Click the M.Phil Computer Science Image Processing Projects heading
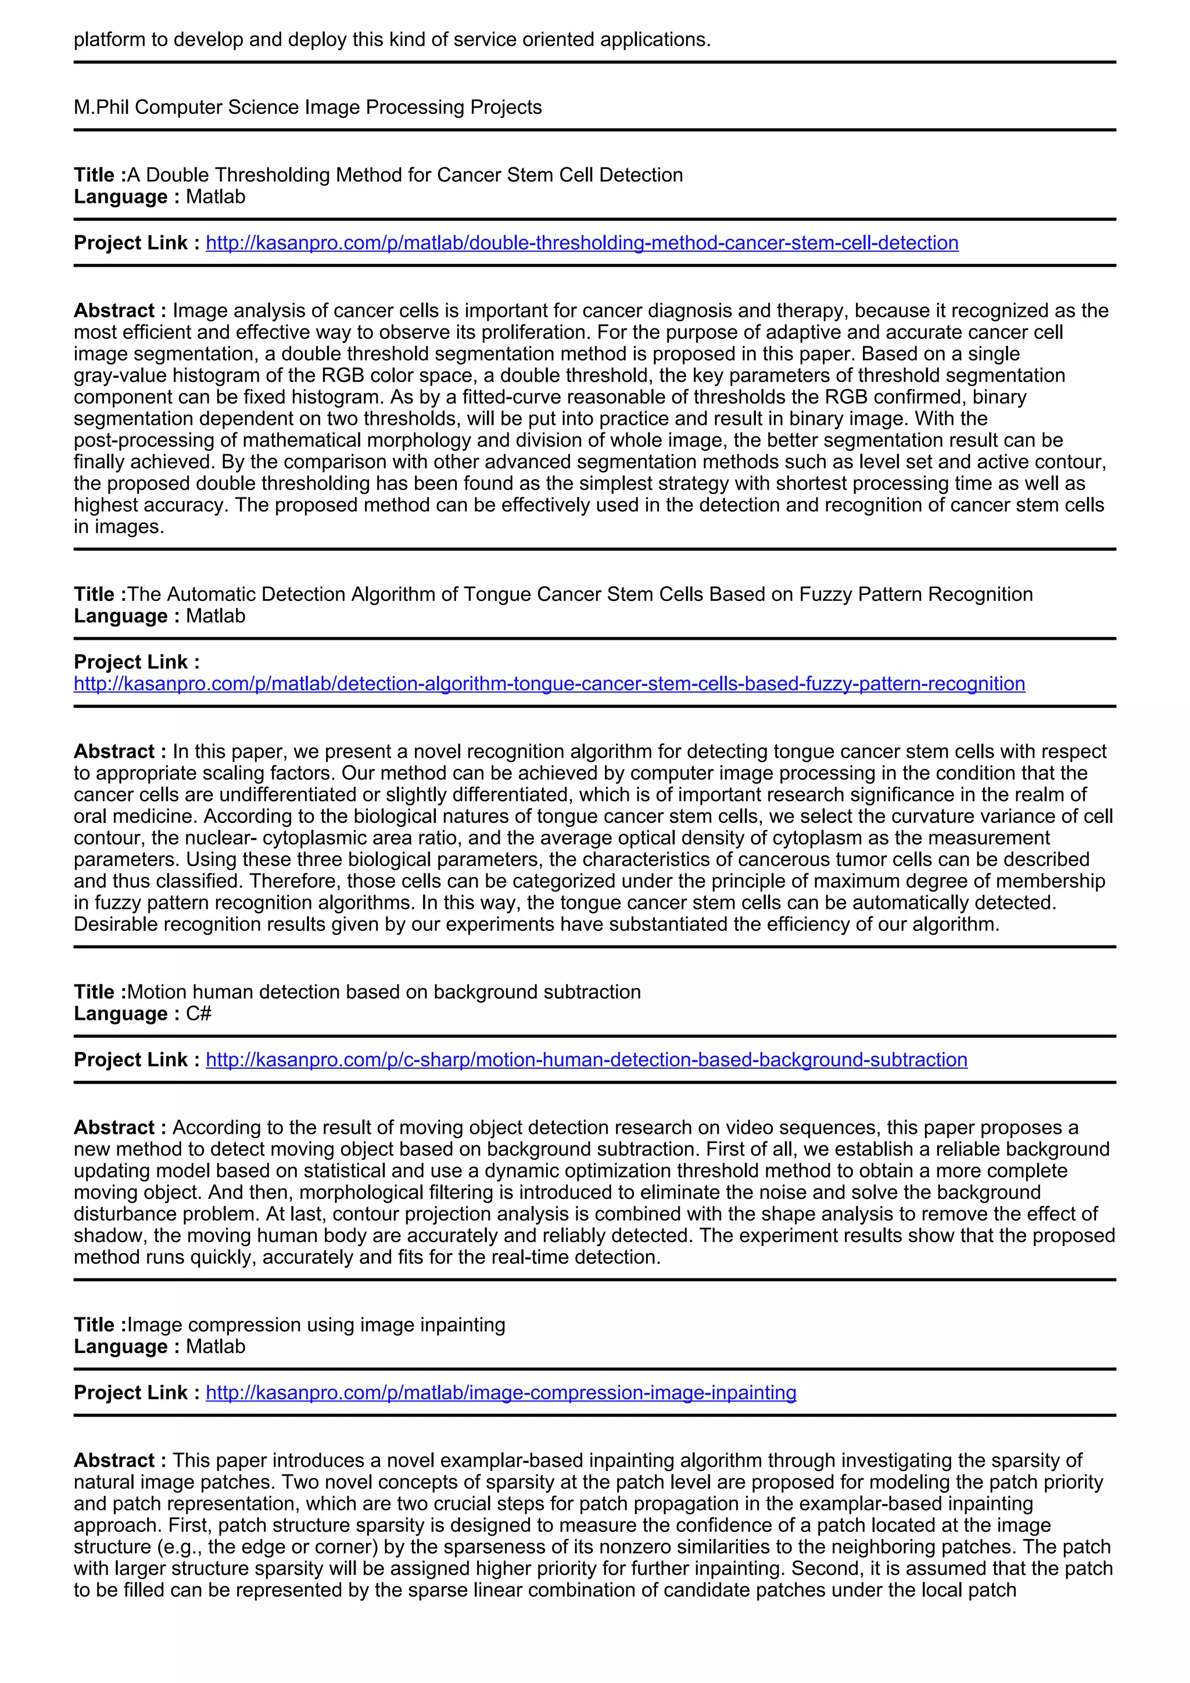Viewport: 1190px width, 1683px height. pyautogui.click(x=308, y=107)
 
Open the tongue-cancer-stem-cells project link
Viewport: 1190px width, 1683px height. pyautogui.click(x=549, y=684)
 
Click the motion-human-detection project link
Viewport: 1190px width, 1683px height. pyautogui.click(x=586, y=1060)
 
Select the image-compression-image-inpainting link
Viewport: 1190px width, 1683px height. pyautogui.click(x=500, y=1393)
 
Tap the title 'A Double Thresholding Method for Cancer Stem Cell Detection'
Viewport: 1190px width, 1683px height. pyautogui.click(x=404, y=175)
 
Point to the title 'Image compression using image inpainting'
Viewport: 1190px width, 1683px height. pyautogui.click(x=316, y=1324)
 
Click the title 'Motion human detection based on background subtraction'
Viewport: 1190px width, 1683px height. pyautogui.click(x=383, y=992)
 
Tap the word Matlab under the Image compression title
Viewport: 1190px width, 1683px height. pyautogui.click(x=216, y=1347)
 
